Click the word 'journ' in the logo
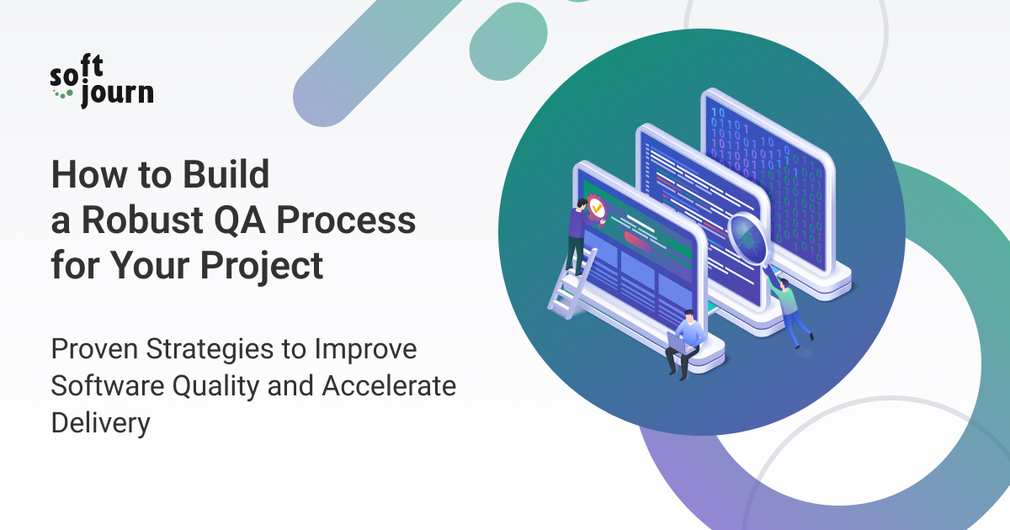(117, 94)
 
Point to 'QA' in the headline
(238, 220)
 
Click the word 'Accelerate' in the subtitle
(388, 385)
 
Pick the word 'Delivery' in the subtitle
(100, 422)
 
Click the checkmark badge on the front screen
(597, 206)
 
